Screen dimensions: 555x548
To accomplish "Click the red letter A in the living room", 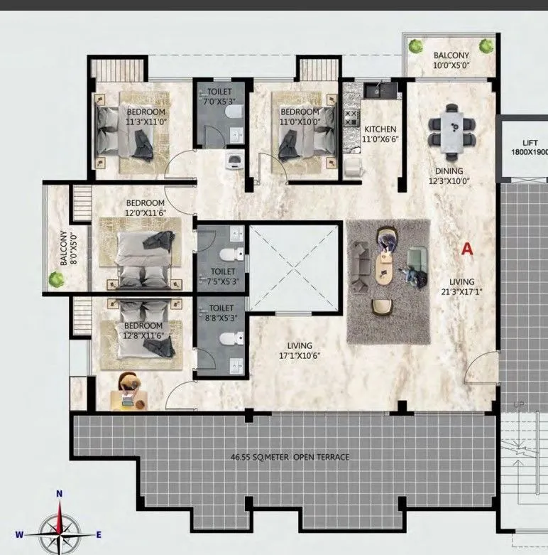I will pyautogui.click(x=466, y=249).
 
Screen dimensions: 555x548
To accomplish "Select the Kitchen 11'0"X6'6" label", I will pyautogui.click(x=380, y=134).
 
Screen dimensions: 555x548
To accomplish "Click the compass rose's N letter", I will pyautogui.click(x=60, y=493).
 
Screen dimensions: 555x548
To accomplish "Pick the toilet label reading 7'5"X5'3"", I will pyautogui.click(x=224, y=276).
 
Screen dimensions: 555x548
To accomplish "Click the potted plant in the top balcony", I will pyautogui.click(x=486, y=47).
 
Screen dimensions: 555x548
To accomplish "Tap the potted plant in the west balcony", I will pyautogui.click(x=55, y=279).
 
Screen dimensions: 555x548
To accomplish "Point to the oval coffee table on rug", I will pyautogui.click(x=385, y=272).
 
